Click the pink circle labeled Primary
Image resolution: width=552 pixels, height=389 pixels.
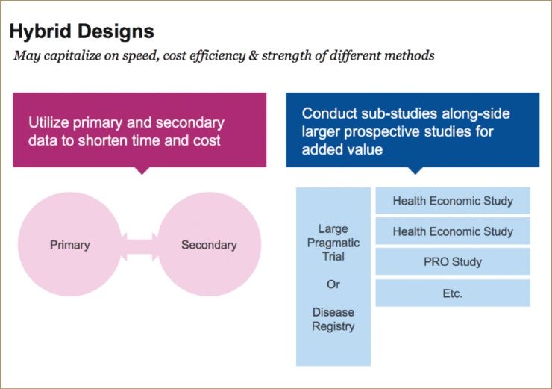[70, 245]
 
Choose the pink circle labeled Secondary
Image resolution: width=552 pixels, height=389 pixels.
[209, 245]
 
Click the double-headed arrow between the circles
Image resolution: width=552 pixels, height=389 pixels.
[139, 245]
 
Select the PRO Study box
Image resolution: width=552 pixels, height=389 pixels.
[453, 262]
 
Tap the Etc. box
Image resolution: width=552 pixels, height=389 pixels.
[453, 293]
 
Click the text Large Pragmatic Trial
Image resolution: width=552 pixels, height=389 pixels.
[333, 243]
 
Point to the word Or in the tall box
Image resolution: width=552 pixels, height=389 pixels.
[333, 284]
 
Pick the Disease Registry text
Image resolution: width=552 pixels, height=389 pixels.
[333, 319]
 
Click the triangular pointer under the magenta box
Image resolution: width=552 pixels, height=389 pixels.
[141, 169]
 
